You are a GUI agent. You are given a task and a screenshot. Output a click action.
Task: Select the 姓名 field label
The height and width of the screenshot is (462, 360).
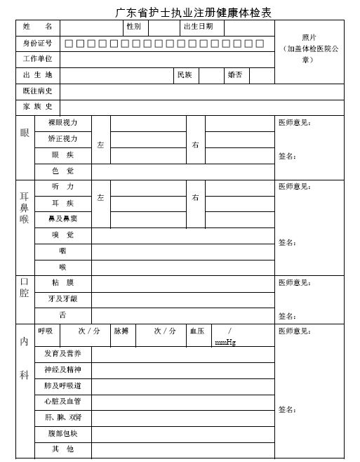coord(37,27)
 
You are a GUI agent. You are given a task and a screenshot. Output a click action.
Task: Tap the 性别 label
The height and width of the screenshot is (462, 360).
coord(133,27)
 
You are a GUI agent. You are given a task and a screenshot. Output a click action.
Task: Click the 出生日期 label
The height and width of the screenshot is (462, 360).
coord(198,27)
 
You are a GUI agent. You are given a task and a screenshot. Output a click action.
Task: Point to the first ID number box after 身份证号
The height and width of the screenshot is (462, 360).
coord(69,44)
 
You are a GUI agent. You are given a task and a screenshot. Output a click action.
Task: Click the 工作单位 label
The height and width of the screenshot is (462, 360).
coord(37,59)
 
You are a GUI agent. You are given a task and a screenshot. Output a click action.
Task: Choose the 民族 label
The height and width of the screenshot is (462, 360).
coord(185,74)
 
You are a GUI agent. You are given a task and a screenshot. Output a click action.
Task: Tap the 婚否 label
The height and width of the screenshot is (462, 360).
coord(235,74)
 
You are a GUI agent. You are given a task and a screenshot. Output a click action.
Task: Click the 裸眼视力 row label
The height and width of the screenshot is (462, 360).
coord(63,123)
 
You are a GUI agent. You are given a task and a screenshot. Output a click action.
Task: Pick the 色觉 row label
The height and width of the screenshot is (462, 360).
coord(63,171)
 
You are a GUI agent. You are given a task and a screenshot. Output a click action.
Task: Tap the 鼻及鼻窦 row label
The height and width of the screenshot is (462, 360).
coord(63,218)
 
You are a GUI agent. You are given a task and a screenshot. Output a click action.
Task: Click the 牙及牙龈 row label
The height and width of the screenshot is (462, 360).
coord(63,298)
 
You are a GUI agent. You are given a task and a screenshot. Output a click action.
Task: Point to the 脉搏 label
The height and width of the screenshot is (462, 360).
coord(121,331)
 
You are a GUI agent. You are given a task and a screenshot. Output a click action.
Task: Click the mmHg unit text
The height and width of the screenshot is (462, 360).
coord(225,342)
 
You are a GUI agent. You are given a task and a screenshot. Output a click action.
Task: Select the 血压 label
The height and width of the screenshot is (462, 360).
coord(196,331)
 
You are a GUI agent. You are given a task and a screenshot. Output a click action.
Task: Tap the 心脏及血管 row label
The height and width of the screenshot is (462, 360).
coord(63,401)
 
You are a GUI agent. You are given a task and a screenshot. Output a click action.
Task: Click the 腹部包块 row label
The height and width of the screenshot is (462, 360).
coord(63,433)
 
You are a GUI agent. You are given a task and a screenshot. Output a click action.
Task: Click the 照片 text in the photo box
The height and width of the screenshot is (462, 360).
coord(309,38)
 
